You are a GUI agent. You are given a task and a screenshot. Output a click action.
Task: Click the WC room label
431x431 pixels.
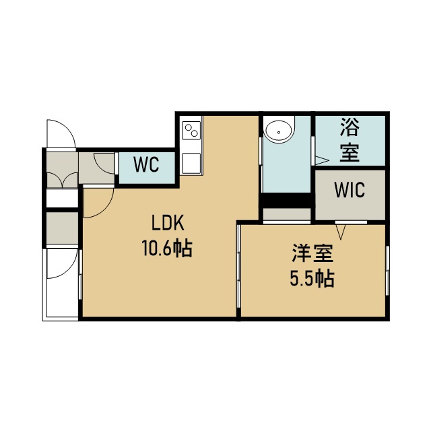[146, 164]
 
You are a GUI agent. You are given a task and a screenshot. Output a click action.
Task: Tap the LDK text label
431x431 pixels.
[168, 223]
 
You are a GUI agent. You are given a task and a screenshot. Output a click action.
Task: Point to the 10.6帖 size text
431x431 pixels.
[167, 248]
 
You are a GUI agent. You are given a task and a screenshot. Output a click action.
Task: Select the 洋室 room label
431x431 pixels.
[312, 253]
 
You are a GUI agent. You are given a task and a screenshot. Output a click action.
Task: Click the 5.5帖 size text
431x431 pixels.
[312, 279]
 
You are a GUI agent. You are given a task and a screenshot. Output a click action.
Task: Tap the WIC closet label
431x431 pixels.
[350, 190]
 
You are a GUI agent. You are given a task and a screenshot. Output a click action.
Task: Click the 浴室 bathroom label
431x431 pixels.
[350, 139]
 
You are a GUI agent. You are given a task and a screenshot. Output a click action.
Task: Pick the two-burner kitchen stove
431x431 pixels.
[191, 130]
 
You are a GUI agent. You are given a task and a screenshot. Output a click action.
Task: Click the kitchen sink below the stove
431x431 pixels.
[191, 163]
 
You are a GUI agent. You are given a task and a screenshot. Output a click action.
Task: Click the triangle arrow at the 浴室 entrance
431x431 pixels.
[322, 160]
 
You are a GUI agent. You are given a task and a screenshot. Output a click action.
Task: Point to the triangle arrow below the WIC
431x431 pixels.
[341, 232]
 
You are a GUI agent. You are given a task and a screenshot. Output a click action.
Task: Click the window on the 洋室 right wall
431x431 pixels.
[388, 271]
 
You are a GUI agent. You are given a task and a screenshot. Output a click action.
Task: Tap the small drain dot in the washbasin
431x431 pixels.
[279, 133]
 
